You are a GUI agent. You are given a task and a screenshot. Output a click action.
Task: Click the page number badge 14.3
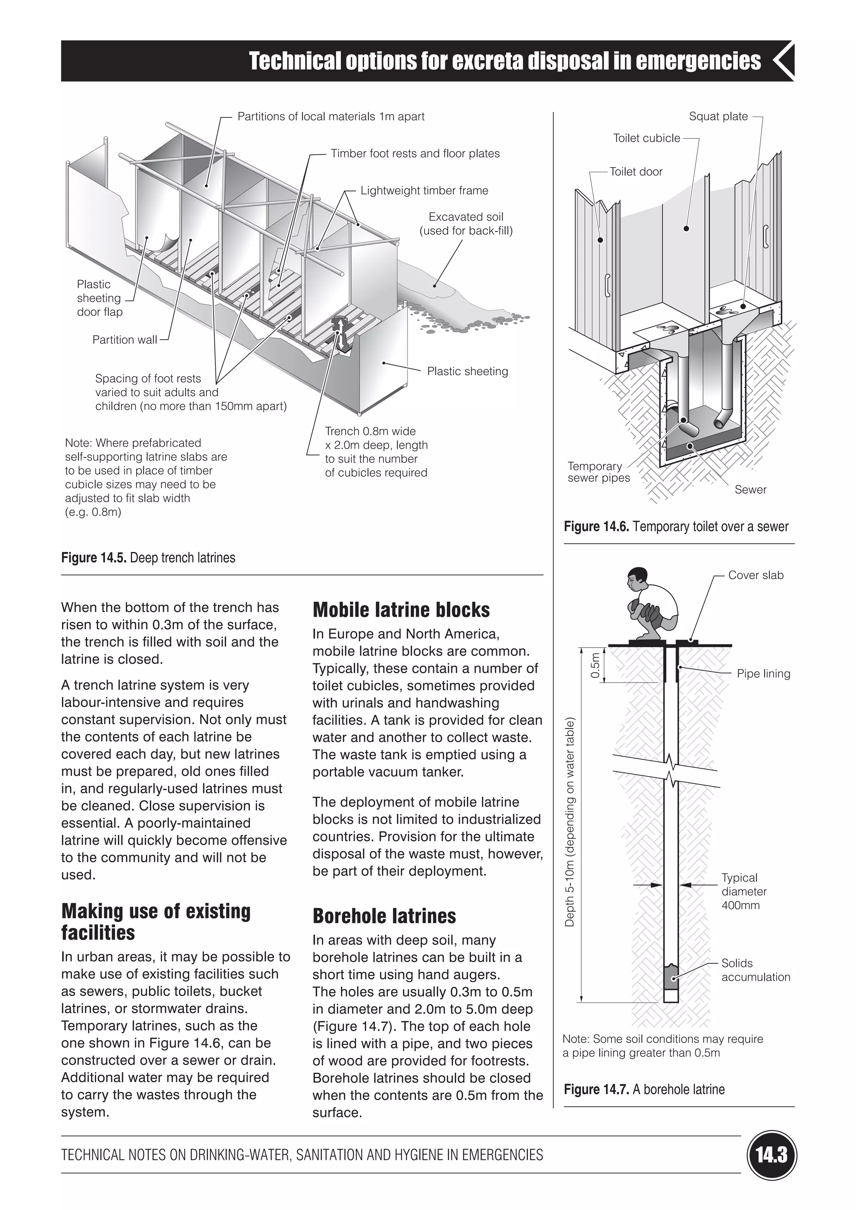tap(772, 1155)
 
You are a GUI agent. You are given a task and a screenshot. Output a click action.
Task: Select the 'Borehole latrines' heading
tap(384, 916)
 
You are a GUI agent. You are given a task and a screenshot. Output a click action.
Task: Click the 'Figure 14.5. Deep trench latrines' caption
tap(148, 557)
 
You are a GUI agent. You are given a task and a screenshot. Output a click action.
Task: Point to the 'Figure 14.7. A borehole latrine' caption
tap(644, 1089)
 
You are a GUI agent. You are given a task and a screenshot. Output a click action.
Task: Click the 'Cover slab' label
tap(755, 575)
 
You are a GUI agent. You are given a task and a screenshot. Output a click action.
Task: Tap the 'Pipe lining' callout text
tap(763, 674)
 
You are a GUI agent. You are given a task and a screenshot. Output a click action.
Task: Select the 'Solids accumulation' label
tap(755, 970)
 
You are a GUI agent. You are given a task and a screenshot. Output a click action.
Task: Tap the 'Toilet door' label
tap(636, 172)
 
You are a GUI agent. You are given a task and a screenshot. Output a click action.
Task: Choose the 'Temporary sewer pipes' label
tap(598, 472)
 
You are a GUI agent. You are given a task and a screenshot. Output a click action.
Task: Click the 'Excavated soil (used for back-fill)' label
tap(466, 224)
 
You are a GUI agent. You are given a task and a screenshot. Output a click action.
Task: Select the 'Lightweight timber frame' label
tap(424, 191)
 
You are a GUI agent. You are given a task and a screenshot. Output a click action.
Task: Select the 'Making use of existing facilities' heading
tap(155, 921)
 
